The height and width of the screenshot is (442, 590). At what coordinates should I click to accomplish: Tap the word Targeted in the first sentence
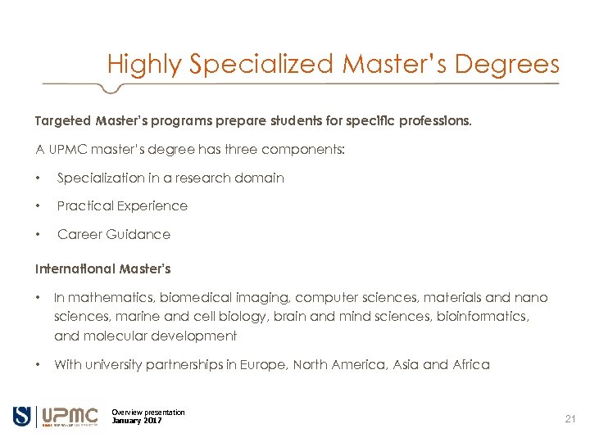click(x=63, y=121)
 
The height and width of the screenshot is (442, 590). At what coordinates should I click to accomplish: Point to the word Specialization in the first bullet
click(x=97, y=178)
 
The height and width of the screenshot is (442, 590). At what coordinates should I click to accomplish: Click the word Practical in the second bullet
click(x=85, y=205)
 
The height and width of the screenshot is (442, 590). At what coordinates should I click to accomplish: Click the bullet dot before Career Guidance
click(x=39, y=235)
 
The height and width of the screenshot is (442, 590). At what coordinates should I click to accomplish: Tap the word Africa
click(x=471, y=365)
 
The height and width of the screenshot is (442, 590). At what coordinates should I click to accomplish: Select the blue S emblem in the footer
click(x=21, y=416)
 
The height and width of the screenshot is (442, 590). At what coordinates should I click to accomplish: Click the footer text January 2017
click(x=137, y=421)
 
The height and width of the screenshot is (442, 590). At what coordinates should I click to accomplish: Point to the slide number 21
click(x=570, y=419)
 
